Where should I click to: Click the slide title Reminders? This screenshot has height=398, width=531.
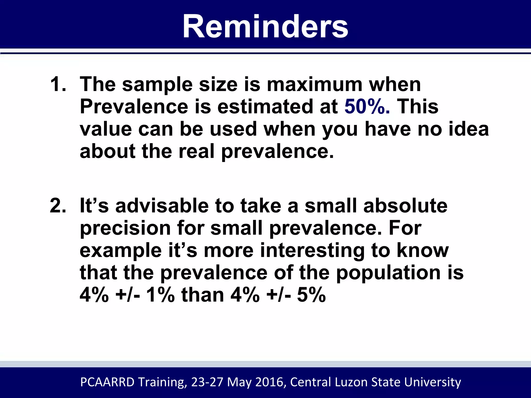tap(265, 27)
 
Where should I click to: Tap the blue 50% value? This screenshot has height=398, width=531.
tap(367, 106)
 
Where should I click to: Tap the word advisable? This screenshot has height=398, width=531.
tap(162, 205)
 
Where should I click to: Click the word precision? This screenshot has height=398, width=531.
tap(125, 228)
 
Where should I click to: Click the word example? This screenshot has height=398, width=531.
tap(121, 251)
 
